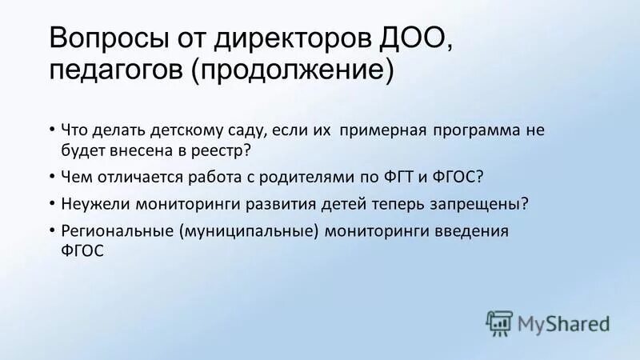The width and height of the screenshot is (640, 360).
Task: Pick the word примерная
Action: tap(383, 130)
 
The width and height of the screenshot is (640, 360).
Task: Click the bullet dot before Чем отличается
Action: tap(52, 176)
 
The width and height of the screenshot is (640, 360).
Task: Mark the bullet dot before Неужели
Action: tap(52, 203)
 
